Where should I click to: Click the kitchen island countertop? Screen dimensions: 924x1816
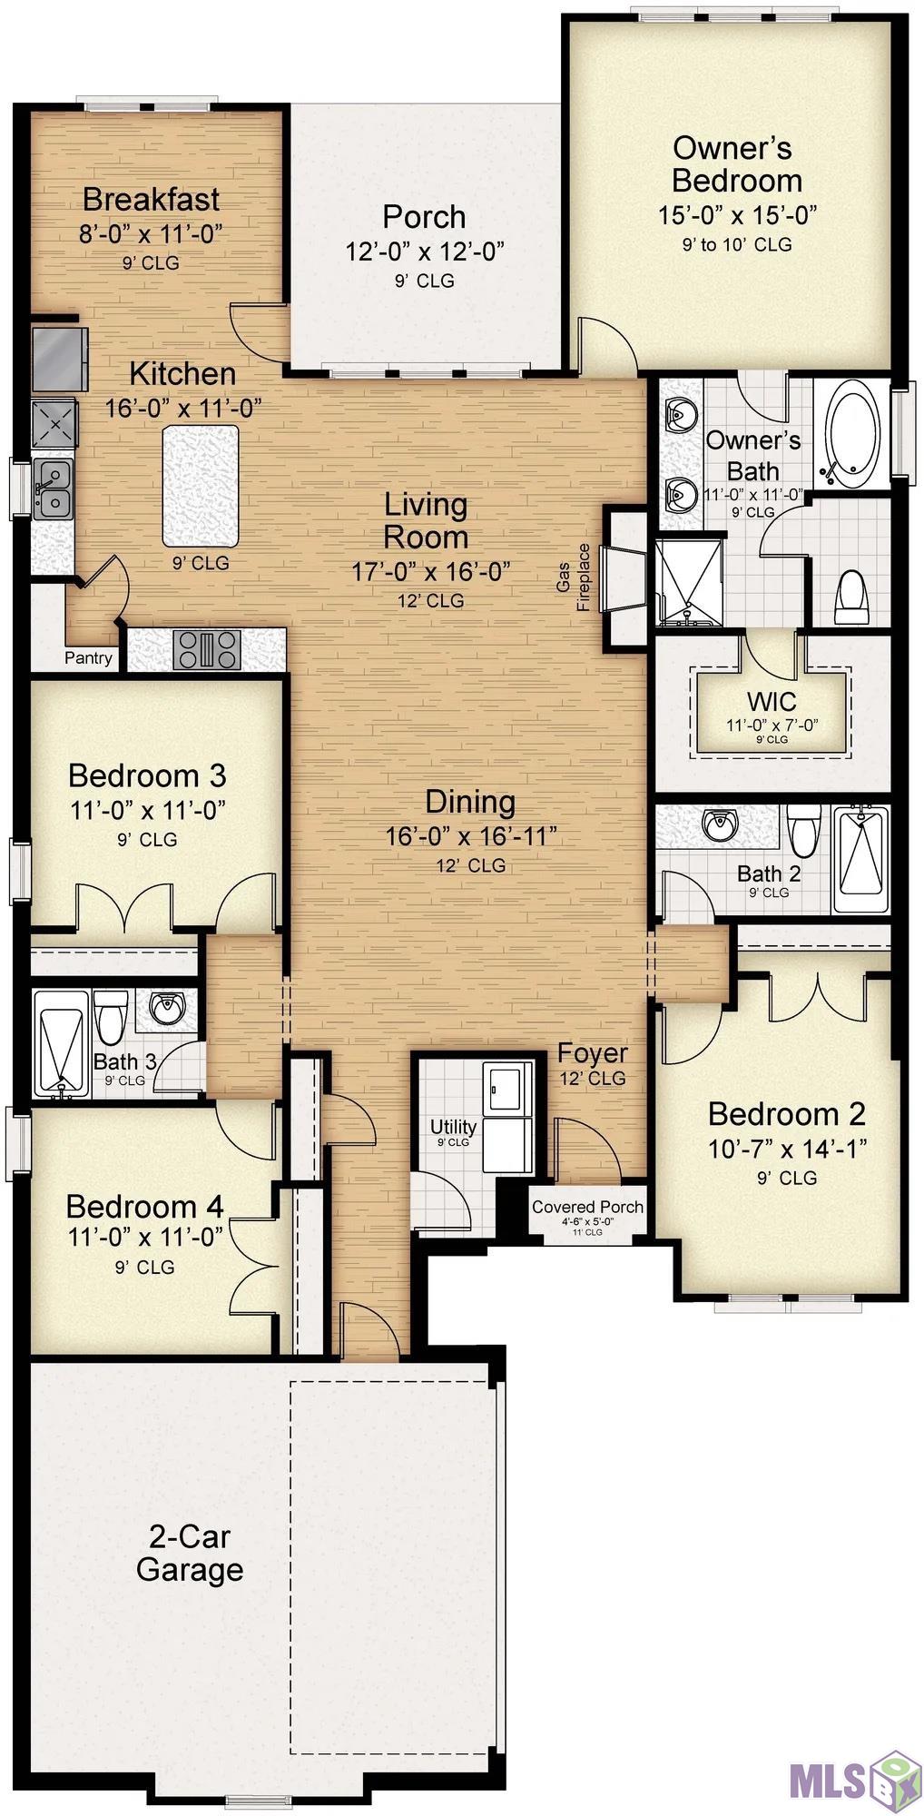201,484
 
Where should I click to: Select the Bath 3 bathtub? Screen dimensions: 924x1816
61,1044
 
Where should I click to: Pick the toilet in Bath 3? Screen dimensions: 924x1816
111,1017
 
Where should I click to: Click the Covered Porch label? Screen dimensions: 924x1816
587,1207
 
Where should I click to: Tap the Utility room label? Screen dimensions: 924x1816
453,1127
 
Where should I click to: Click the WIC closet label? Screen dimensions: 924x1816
772,701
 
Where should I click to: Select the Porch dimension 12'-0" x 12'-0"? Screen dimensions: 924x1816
425,252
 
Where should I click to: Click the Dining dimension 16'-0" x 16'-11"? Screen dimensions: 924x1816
470,836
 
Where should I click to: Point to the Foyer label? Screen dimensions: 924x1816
592,1053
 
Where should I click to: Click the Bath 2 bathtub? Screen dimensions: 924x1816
860,859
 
